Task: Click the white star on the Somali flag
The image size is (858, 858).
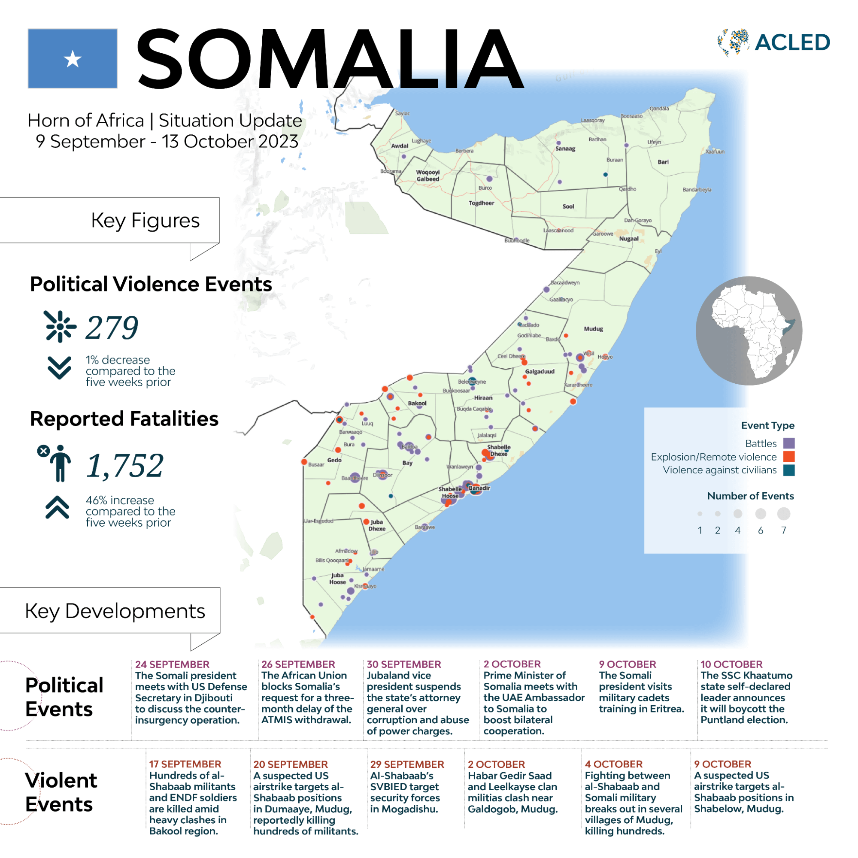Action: coord(73,59)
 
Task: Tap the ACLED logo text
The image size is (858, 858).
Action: coord(792,42)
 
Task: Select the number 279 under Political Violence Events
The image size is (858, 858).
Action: coord(112,328)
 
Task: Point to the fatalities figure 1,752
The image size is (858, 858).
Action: coord(125,466)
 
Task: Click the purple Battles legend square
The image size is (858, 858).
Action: coord(789,443)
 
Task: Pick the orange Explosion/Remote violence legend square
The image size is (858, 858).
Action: coord(789,457)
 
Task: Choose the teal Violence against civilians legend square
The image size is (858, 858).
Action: coord(789,470)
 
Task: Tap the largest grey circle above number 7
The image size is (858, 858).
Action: coord(783,514)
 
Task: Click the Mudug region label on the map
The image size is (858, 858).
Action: coord(593,329)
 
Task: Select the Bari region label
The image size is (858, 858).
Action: coord(663,162)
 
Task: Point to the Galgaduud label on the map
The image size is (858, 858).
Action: coord(540,371)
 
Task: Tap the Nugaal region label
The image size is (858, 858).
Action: coord(629,239)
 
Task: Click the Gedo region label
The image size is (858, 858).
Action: coord(334,460)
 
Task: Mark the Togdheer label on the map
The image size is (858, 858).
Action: coord(482,203)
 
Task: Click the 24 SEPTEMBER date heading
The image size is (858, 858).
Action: coord(172,664)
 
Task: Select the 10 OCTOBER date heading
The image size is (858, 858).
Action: coord(731,664)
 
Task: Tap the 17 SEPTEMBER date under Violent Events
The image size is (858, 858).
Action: coord(185,764)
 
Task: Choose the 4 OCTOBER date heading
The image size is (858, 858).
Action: coord(614,764)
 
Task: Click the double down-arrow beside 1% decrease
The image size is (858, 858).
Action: coord(59,368)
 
